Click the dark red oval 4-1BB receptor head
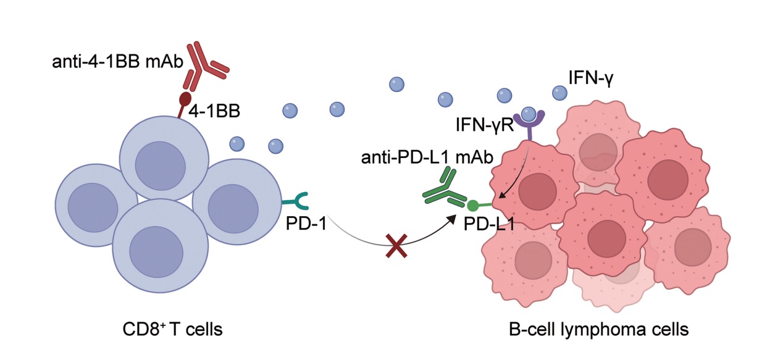[185, 99]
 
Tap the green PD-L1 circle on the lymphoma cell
[473, 205]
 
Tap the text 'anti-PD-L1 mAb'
[427, 158]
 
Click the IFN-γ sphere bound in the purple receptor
[529, 114]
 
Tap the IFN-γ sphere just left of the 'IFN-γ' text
[559, 93]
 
